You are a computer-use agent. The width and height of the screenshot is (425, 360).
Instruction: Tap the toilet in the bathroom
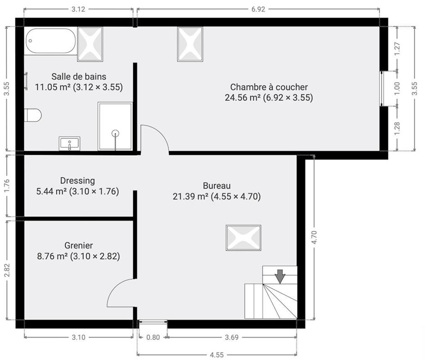(33, 115)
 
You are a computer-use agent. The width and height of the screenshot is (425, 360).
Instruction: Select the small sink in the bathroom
(70, 144)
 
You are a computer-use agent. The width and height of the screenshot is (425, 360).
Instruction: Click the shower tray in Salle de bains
(115, 126)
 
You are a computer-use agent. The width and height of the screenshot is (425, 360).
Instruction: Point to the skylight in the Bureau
(244, 237)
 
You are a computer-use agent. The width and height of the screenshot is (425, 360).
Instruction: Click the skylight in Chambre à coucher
(190, 44)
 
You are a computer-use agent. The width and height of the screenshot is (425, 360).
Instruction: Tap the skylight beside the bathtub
(90, 44)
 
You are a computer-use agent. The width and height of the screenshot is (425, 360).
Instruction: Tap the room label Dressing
(77, 180)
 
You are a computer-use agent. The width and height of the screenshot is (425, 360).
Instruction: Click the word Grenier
(79, 245)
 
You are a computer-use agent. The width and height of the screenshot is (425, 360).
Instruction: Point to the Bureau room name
(217, 185)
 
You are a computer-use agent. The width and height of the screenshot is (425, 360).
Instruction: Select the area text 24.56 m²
(243, 97)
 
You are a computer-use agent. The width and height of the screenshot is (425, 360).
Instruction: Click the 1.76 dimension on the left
(7, 186)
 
